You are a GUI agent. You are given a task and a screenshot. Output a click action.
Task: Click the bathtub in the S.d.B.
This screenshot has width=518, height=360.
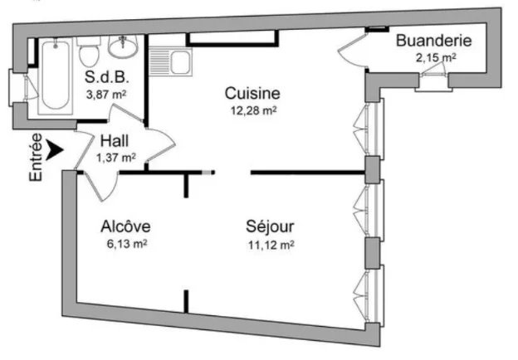coord(56,75)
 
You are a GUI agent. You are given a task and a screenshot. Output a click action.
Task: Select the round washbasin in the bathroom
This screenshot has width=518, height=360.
coord(123,46)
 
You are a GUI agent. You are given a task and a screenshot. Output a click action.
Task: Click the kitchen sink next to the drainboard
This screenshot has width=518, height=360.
coord(180,62)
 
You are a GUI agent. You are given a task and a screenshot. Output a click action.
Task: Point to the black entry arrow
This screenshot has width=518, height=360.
coord(54,150)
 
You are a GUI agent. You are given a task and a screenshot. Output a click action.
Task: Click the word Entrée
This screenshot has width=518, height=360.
coord(36,157)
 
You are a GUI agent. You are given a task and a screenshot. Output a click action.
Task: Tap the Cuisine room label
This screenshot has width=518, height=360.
coord(252,94)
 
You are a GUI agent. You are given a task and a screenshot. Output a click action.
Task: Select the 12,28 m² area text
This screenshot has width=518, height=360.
coord(253,110)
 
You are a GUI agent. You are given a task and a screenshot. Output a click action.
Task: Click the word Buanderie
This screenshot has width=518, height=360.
coord(434,41)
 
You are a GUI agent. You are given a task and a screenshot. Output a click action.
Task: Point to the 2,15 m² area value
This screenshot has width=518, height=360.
coord(436,58)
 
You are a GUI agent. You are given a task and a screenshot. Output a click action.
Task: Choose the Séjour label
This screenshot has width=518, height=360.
coord(270,226)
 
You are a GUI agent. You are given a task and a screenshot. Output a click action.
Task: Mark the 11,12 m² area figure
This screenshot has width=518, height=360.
coord(271,246)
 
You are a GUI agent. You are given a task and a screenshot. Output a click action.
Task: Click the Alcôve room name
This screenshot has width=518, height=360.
coord(125,226)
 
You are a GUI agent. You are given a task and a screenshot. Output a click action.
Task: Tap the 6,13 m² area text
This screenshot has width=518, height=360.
coord(127,244)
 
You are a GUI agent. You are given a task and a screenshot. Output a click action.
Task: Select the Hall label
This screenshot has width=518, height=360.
coord(115,141)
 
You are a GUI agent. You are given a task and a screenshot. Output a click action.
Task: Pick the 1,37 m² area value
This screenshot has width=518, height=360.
coord(116,158)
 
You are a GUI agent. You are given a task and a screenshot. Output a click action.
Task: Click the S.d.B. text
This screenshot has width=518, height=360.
coord(106,77)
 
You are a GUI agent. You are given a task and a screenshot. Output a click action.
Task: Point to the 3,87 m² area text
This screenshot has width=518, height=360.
coord(106,95)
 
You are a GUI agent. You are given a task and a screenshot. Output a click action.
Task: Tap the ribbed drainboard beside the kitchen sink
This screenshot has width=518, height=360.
coord(159,62)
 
